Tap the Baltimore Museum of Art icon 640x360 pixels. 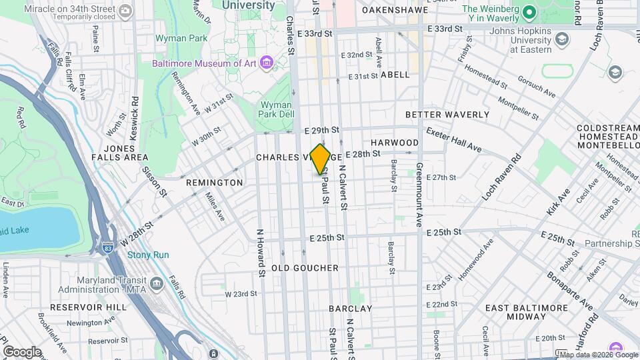pos(267,63)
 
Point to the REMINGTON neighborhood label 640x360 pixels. pos(214,183)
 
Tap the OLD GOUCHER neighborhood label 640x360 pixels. pos(305,268)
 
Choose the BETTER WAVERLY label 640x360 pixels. pos(456,115)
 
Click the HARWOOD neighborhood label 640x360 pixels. pos(395,143)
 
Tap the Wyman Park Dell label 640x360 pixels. pos(276,110)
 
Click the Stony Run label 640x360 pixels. pos(148,255)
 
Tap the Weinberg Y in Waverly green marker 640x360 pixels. pos(529,13)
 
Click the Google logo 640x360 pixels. pos(21,351)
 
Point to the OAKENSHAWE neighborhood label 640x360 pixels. pos(394,11)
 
